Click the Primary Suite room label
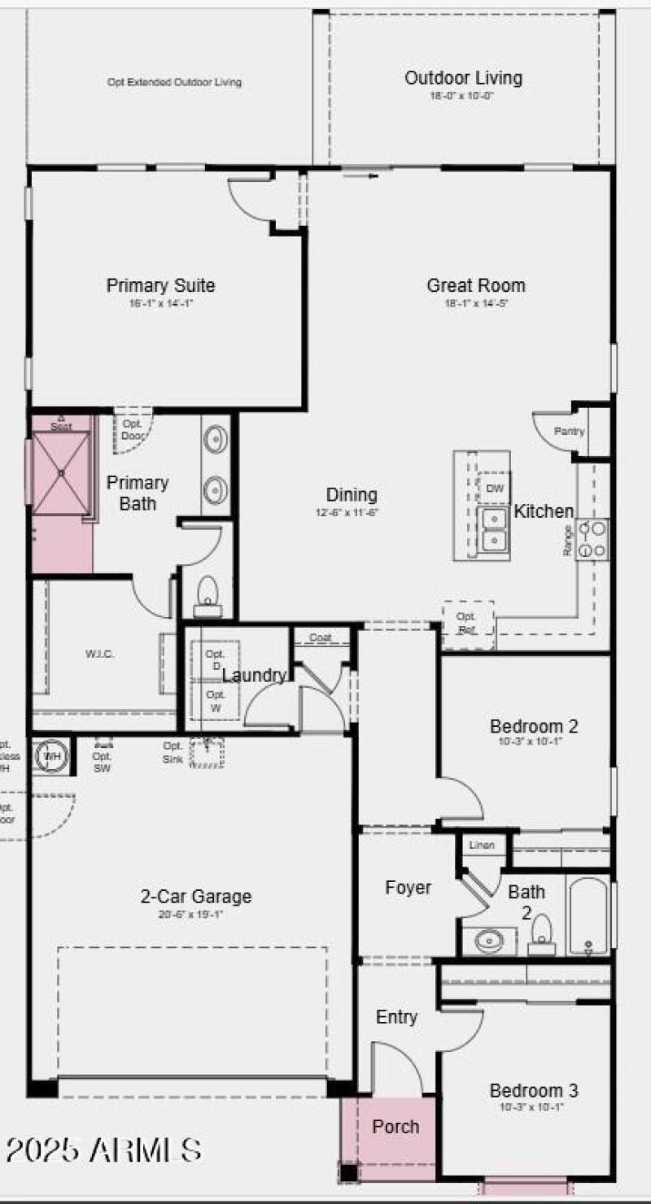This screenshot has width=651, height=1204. coord(160,285)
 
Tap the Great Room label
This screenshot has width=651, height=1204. coord(476,285)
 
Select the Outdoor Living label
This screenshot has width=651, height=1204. coord(463,78)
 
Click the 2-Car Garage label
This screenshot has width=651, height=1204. coord(196,897)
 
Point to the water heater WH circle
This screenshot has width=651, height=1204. coord(52,756)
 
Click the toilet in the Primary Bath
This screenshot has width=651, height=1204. coord(208,593)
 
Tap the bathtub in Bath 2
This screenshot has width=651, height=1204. coord(587,915)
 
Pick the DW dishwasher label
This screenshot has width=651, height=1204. coord(494,489)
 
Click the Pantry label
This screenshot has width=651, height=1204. coord(569,432)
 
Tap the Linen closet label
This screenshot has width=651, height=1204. coord(481,845)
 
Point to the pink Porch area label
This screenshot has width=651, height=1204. coord(395,1127)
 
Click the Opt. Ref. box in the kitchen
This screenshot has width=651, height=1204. coord(467,624)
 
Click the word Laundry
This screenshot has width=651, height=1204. coord(254,676)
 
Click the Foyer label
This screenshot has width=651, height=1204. coord(408,888)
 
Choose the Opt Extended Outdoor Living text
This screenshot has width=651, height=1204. coord(174,82)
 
